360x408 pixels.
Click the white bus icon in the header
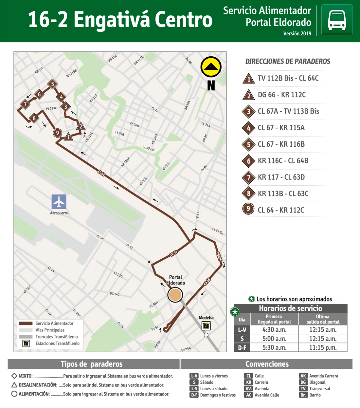point(337,20)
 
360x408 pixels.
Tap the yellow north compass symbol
point(211,67)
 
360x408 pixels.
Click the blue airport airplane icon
point(59,202)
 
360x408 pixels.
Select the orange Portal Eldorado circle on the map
point(175,295)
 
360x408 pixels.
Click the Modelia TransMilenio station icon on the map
point(206,326)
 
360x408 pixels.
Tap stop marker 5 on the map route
point(52,84)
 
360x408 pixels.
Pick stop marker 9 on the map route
point(58,133)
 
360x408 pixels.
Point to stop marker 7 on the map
point(25,104)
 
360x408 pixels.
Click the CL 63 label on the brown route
point(101,173)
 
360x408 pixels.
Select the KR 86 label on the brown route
point(207,282)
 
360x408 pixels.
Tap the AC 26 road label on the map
point(100,237)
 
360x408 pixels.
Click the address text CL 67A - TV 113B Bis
point(288,111)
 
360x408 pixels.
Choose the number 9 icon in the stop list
point(248,209)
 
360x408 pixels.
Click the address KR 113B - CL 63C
point(283,194)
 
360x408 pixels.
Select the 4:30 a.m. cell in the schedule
point(274,330)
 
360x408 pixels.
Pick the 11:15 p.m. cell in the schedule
point(323,347)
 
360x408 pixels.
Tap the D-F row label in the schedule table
point(242,347)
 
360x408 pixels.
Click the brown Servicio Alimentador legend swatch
point(26,323)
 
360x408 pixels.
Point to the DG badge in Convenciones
point(303,382)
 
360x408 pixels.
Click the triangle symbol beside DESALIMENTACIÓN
point(14,385)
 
